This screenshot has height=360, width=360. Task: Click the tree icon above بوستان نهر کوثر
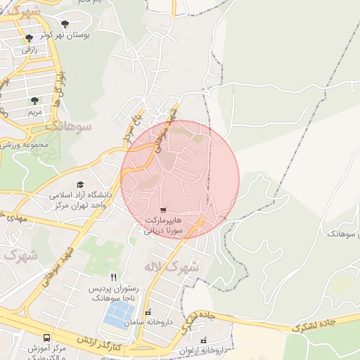[x=65, y=24]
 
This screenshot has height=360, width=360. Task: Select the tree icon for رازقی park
[x=29, y=39]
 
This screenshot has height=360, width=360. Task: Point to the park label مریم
[x=34, y=112]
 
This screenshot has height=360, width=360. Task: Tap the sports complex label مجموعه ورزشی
[x=25, y=145]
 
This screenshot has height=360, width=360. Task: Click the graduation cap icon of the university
[x=79, y=184]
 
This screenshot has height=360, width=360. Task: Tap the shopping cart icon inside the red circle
[x=163, y=210]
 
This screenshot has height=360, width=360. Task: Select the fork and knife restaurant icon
[x=114, y=277]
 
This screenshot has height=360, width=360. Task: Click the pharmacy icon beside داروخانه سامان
[x=147, y=312]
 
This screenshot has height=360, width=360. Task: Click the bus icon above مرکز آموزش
[x=46, y=338]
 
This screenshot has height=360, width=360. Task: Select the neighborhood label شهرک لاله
[x=172, y=268]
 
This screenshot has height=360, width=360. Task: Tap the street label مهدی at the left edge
[x=13, y=216]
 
